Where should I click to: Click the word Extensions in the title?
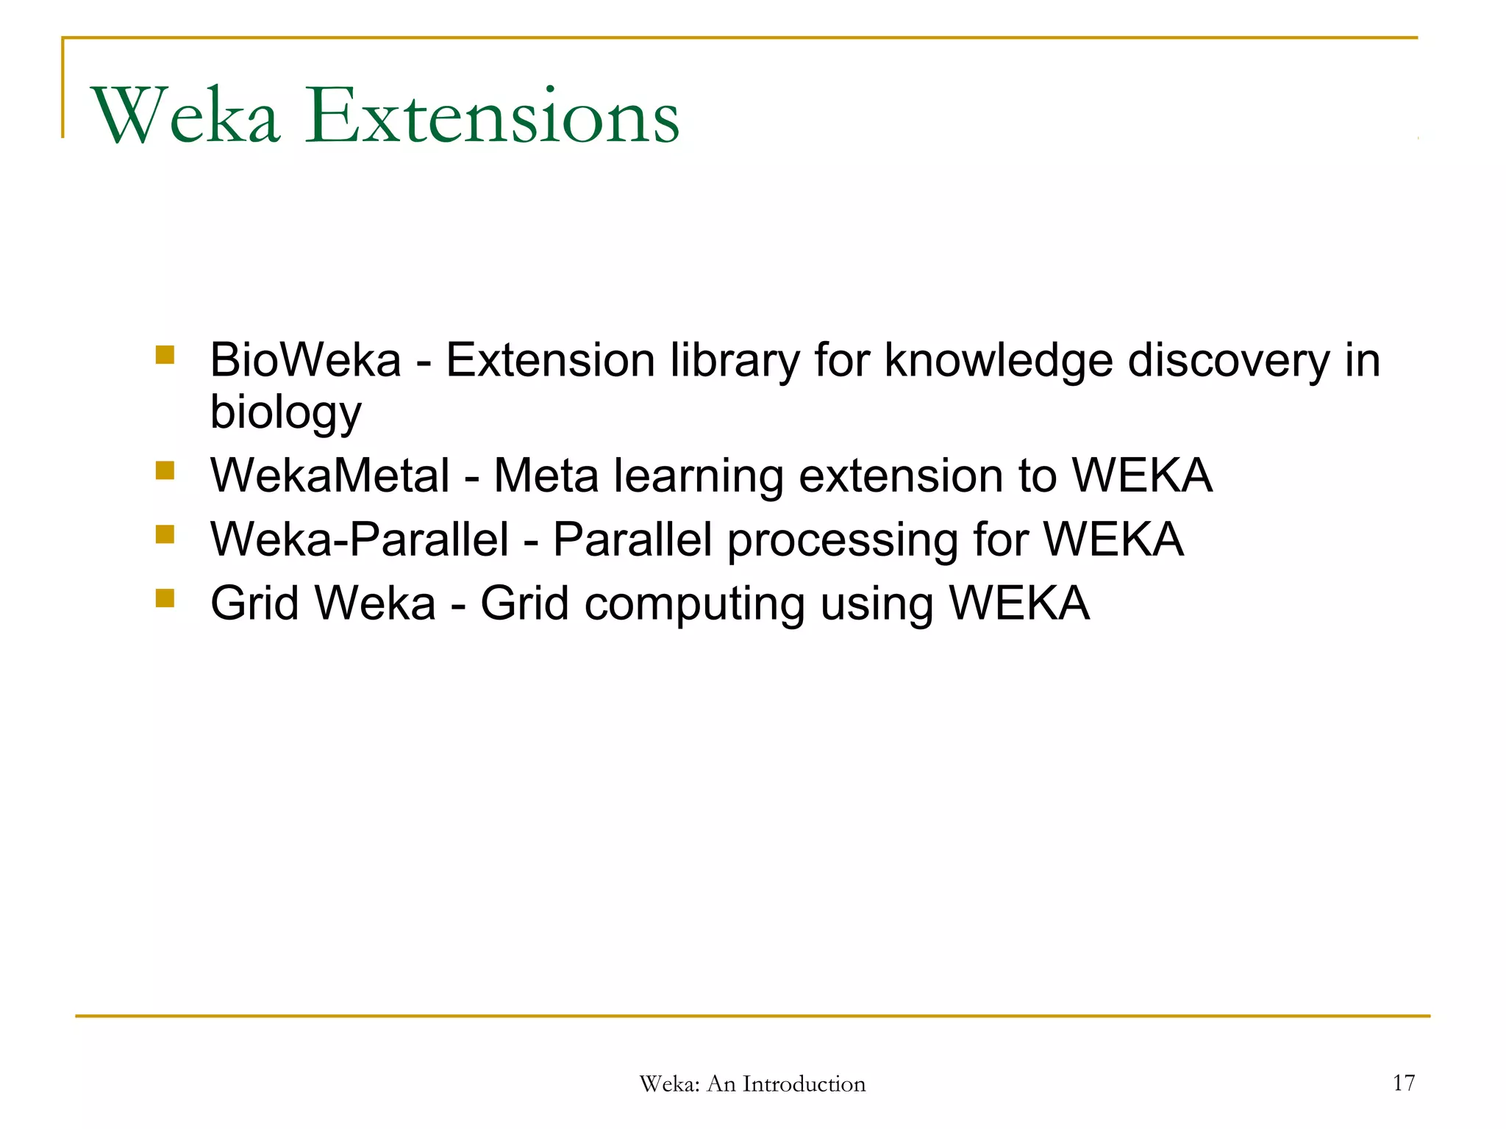click(493, 116)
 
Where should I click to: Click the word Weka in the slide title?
click(185, 116)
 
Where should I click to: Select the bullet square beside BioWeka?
click(165, 356)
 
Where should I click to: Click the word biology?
click(285, 412)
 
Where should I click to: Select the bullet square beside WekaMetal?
click(165, 470)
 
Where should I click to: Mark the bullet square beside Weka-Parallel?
click(165, 534)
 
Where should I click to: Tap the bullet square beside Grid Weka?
click(165, 598)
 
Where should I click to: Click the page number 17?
click(1403, 1083)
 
